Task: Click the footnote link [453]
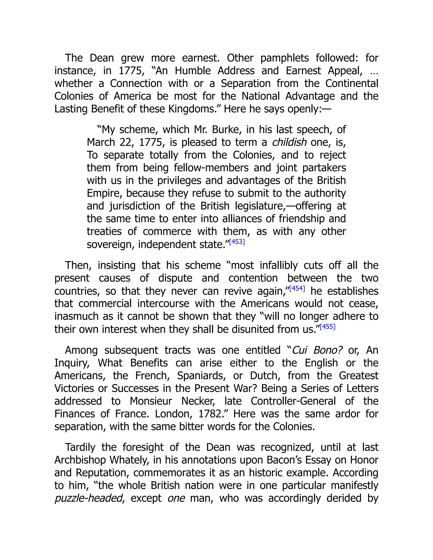237,242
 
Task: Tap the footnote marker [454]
297,288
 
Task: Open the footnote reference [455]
327,327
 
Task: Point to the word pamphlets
285,58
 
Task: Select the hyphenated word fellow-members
211,168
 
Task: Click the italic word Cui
299,350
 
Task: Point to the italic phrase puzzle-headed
89,499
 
